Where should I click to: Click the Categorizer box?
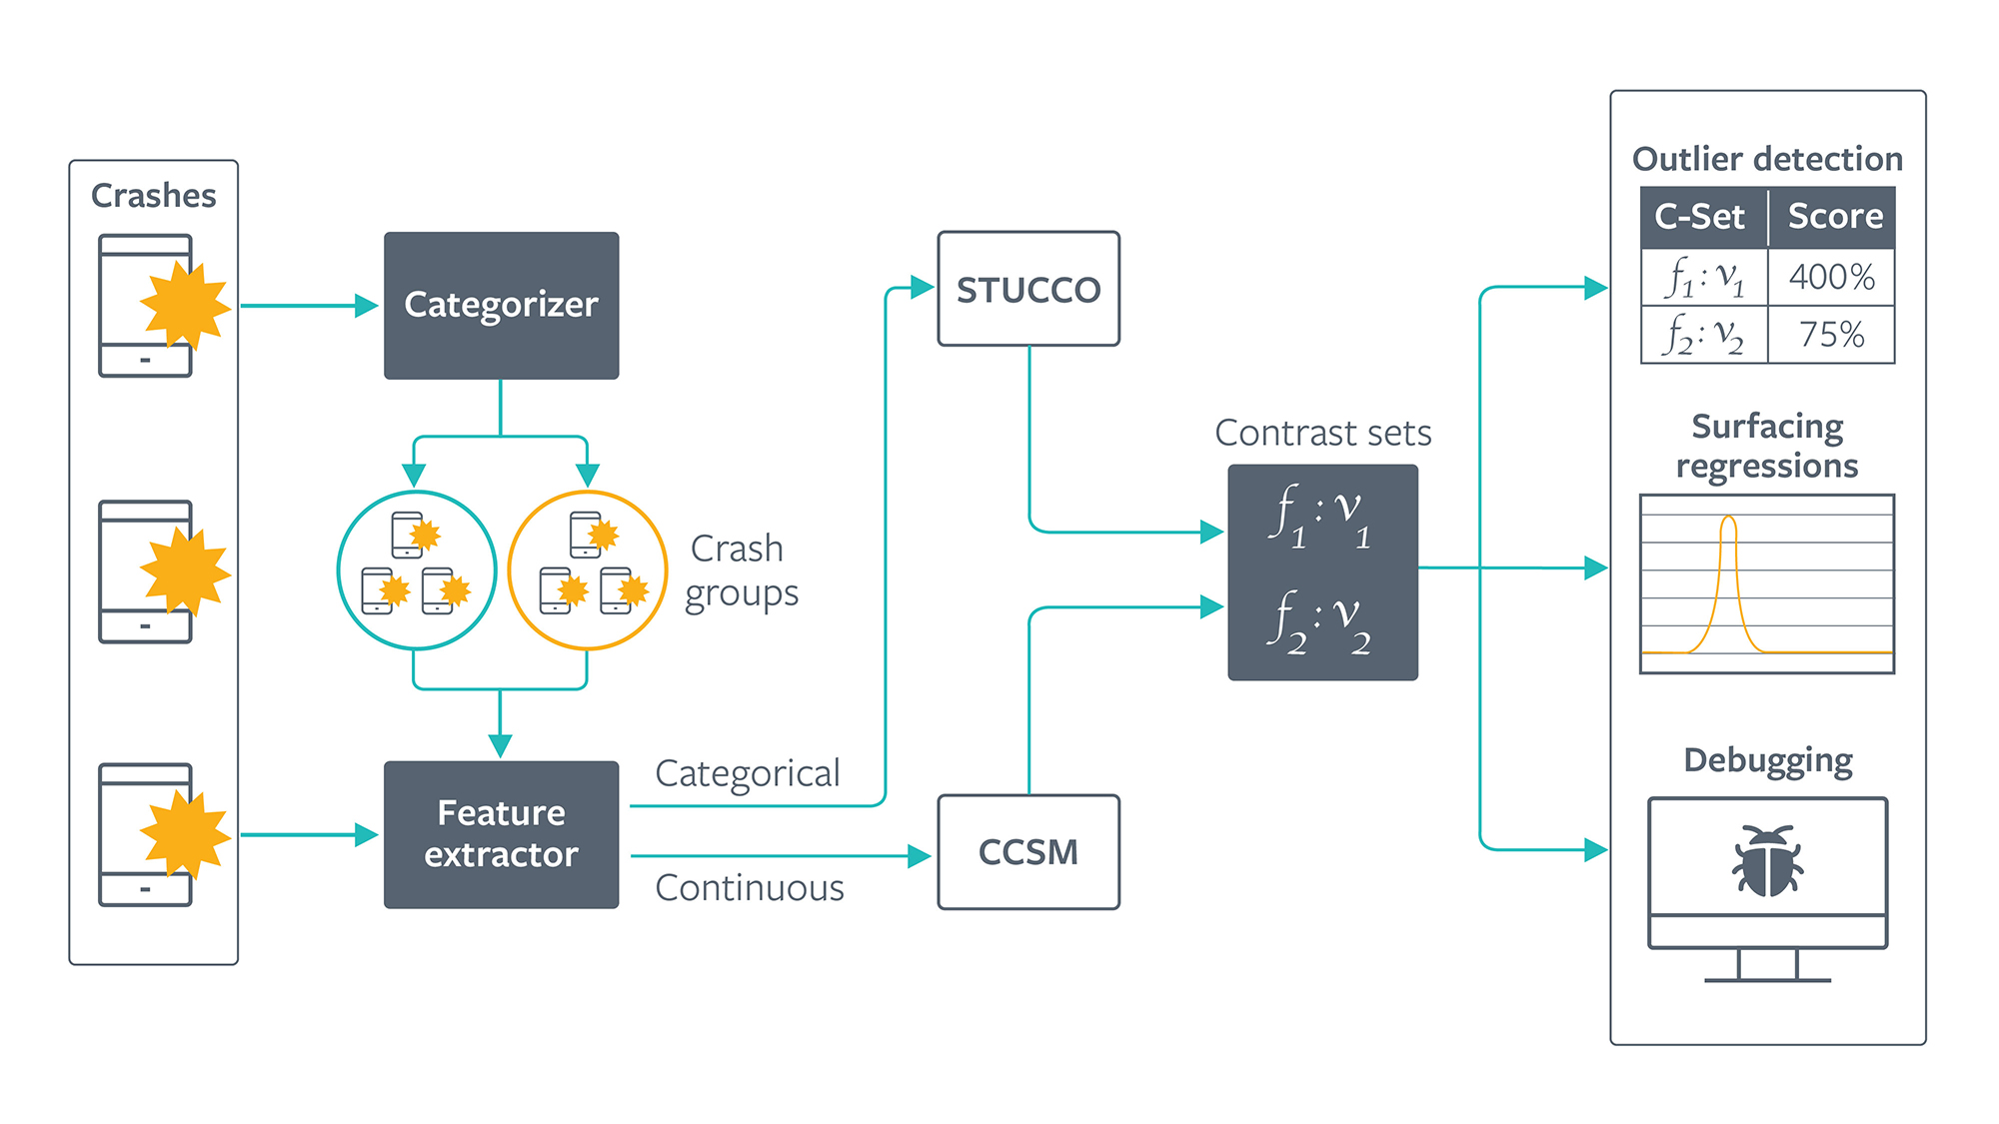pyautogui.click(x=501, y=305)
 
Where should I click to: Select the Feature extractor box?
pyautogui.click(x=501, y=834)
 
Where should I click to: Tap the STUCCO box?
pyautogui.click(x=1027, y=289)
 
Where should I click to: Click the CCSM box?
pyautogui.click(x=1027, y=852)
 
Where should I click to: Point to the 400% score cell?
pyautogui.click(x=1831, y=277)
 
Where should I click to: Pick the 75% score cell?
pyautogui.click(x=1831, y=334)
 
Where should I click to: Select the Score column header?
pyautogui.click(x=1834, y=217)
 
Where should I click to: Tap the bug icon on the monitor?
pyautogui.click(x=1767, y=860)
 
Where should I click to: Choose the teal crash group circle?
pyautogui.click(x=417, y=570)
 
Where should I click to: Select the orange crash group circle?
pyautogui.click(x=588, y=570)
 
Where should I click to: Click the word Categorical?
pyautogui.click(x=747, y=773)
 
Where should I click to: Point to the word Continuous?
pyautogui.click(x=750, y=888)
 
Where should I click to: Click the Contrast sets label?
pyautogui.click(x=1322, y=433)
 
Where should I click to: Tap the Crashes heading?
pyautogui.click(x=153, y=195)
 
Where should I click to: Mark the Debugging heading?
pyautogui.click(x=1767, y=760)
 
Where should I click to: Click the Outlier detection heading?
pyautogui.click(x=1767, y=159)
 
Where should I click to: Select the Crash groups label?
pyautogui.click(x=741, y=570)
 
